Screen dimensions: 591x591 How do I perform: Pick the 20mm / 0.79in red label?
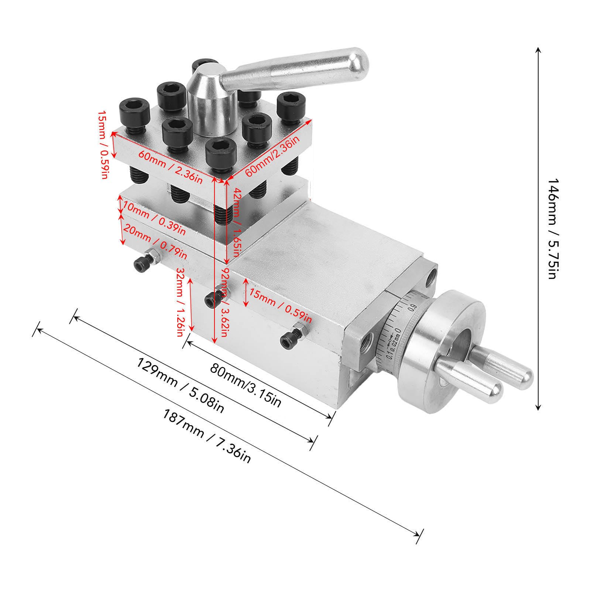(155, 240)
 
